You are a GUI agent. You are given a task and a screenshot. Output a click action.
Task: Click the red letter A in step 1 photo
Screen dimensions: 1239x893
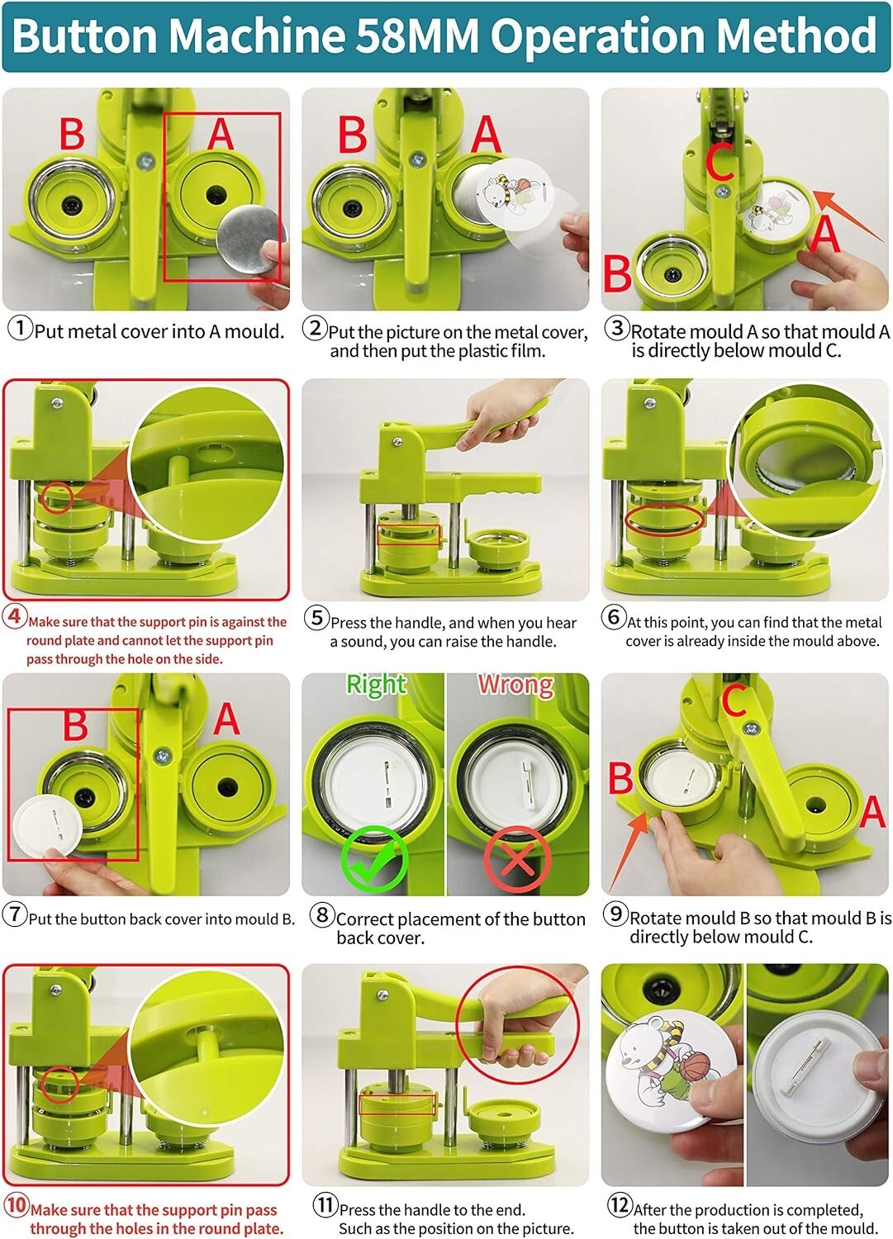click(220, 134)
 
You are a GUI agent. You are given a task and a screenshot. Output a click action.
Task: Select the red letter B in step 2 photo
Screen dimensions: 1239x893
click(353, 135)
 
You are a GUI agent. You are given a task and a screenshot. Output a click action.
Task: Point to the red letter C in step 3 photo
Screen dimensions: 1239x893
click(720, 163)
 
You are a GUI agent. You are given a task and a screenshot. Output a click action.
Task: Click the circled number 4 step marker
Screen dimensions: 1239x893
click(14, 615)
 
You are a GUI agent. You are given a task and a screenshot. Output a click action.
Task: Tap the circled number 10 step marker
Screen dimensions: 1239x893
click(16, 1205)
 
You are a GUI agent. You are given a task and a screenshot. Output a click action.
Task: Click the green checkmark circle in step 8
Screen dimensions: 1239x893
click(374, 858)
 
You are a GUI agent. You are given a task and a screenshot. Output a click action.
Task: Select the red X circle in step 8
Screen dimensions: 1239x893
click(517, 860)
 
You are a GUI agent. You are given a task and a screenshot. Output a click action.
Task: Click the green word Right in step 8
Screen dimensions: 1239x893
click(376, 685)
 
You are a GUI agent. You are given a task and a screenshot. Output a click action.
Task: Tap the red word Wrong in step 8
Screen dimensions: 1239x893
click(515, 685)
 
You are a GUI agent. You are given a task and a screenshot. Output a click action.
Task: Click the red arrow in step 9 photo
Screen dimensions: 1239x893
click(631, 850)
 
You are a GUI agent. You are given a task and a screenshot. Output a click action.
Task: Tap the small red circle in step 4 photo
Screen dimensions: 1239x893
click(59, 498)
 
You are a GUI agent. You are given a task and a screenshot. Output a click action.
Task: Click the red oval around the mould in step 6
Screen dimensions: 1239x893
click(664, 520)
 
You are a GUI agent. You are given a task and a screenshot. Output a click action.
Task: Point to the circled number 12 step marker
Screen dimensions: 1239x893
click(620, 1205)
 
